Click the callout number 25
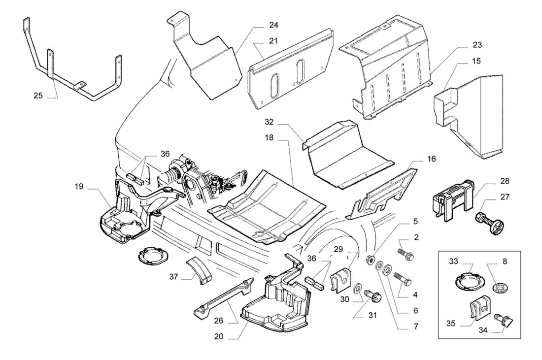tap(38, 96)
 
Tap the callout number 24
tap(274, 25)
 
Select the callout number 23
tap(477, 44)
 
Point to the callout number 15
tap(476, 61)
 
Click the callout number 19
tap(79, 187)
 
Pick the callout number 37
tap(174, 276)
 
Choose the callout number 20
tap(219, 336)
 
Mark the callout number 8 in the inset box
tap(505, 262)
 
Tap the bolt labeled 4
tap(403, 278)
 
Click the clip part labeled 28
tap(453, 199)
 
